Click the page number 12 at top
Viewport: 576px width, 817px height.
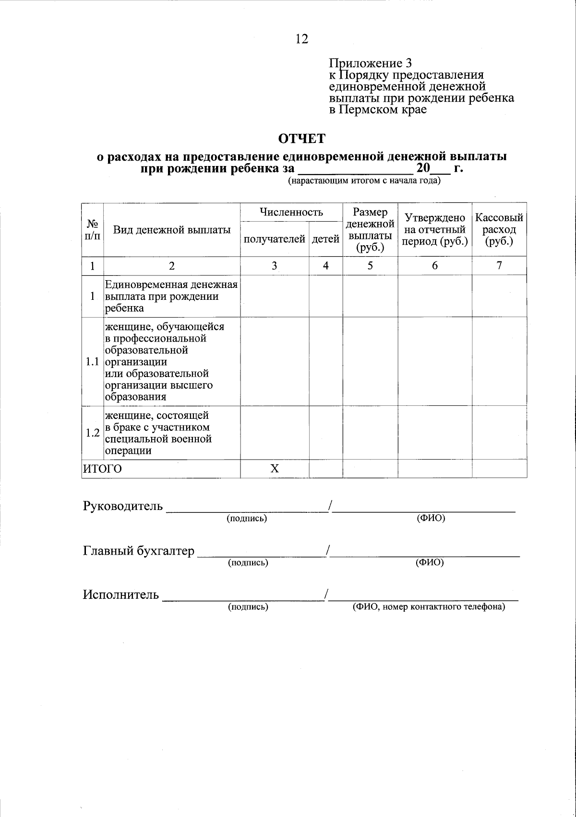point(302,39)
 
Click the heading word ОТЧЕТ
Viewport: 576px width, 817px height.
point(302,139)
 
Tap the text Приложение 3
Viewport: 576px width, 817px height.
point(370,63)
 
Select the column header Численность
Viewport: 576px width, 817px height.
point(291,212)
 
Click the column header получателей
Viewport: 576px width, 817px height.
point(275,239)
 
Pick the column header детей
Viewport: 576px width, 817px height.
point(325,239)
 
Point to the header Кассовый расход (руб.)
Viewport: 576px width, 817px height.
point(499,229)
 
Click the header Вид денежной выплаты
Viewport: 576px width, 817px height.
point(172,230)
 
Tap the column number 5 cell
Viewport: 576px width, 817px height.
point(370,266)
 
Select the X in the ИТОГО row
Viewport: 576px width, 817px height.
point(274,469)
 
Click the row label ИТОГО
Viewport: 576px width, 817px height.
point(103,469)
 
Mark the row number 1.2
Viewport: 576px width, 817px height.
point(92,433)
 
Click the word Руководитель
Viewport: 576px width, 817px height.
point(123,506)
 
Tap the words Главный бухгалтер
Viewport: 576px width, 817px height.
point(139,551)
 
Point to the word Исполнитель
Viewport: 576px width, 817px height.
point(120,595)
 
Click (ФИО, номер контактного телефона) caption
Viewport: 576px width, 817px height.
point(429,607)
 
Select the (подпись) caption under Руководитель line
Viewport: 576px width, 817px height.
point(247,519)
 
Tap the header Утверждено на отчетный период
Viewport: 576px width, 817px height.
point(435,229)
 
